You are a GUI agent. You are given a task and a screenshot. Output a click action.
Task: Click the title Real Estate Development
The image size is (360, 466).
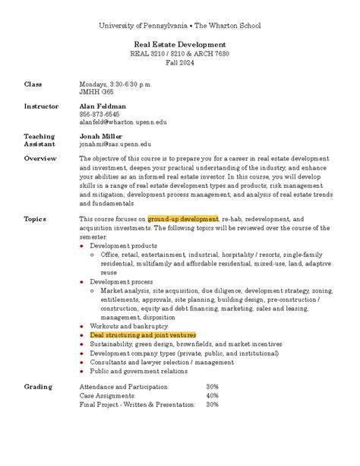point(180,45)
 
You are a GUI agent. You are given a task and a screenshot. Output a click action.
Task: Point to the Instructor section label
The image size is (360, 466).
point(41,106)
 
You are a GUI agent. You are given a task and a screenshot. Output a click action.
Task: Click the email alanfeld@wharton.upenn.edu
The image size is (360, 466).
point(122,122)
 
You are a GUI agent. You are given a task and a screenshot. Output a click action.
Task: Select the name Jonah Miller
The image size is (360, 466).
point(102,135)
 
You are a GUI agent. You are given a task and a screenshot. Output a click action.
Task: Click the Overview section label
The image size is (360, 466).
point(40,158)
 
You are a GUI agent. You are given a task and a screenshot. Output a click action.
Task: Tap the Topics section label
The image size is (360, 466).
point(35,219)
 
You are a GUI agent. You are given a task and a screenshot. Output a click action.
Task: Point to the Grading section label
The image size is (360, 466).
point(38,386)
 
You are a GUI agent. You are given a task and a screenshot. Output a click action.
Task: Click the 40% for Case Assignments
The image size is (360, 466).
point(212,395)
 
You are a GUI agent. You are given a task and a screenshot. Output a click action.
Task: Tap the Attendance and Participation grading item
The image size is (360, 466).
point(125,386)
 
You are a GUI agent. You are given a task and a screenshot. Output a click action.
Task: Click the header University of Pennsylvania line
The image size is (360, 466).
point(180,26)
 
